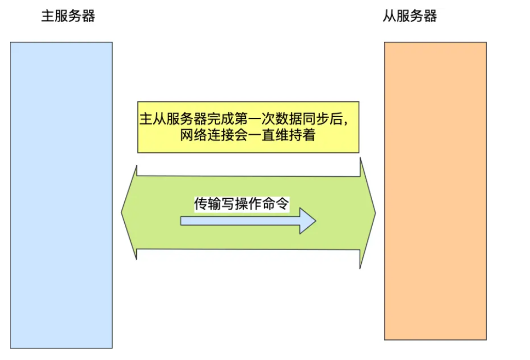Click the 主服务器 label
[x=68, y=17]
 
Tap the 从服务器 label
[x=410, y=17]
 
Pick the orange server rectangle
[x=435, y=191]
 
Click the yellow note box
[x=248, y=127]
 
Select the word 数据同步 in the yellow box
[x=295, y=119]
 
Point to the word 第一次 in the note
[x=254, y=119]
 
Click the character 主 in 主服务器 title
[x=47, y=17]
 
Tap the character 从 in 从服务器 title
[x=389, y=17]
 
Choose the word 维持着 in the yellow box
[x=301, y=136]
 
